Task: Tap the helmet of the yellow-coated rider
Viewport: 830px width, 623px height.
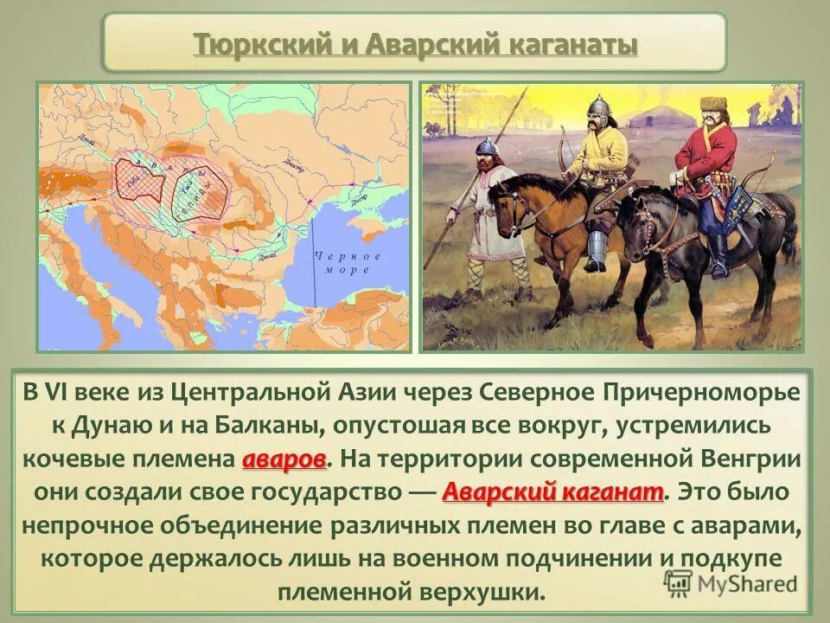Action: (x=597, y=108)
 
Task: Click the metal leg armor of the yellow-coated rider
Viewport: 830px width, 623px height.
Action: (x=596, y=247)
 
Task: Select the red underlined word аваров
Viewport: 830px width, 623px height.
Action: (x=284, y=458)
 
